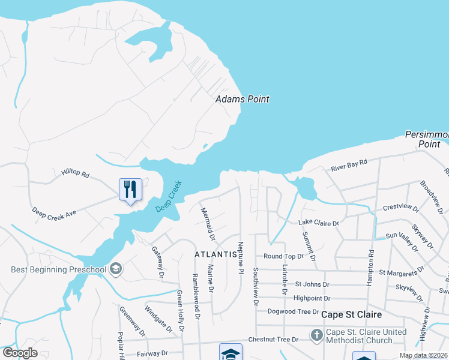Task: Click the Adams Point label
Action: pos(242,99)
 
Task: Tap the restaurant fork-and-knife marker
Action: pos(130,190)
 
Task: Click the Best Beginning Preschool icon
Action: pos(116,269)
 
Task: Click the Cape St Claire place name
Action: pos(352,314)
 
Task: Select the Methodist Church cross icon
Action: pos(316,334)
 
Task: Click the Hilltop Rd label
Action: pos(75,174)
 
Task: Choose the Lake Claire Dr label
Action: pos(319,223)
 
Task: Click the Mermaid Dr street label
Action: pos(208,220)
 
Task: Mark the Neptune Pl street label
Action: pos(241,259)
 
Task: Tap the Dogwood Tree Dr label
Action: pos(294,311)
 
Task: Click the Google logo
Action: pos(20,353)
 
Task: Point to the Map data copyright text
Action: pos(423,355)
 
